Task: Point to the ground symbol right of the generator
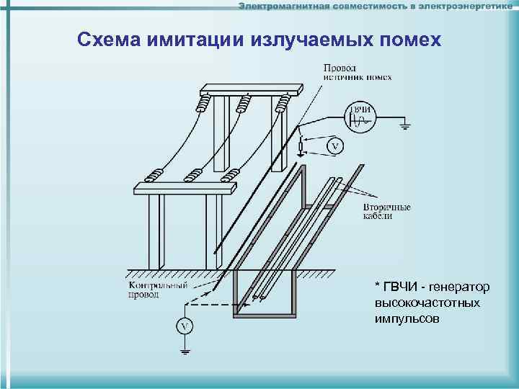point(405,128)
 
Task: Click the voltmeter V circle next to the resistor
point(334,146)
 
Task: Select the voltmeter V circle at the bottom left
point(185,326)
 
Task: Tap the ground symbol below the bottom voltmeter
point(185,352)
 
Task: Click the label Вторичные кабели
point(386,211)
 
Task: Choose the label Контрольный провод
point(149,290)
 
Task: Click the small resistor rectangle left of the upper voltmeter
point(301,148)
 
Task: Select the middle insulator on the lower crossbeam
point(192,175)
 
